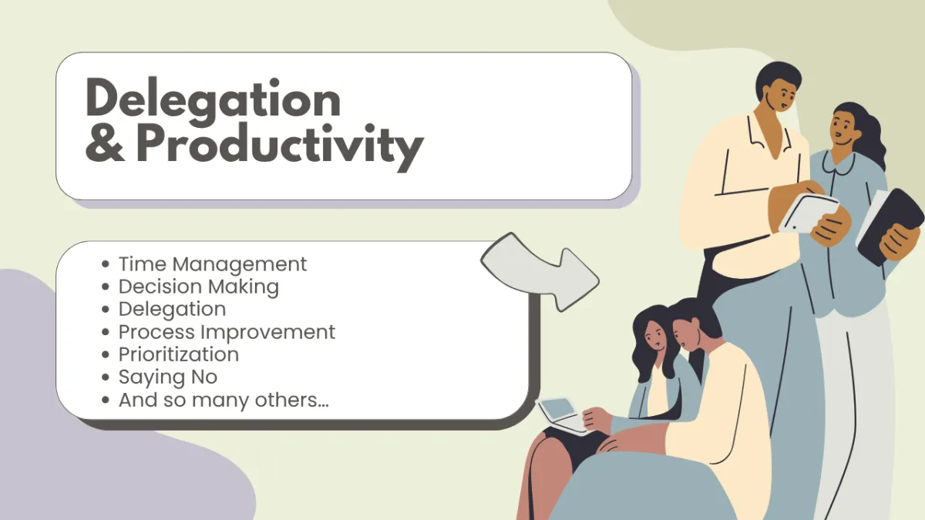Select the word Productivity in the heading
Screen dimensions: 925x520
pyautogui.click(x=280, y=146)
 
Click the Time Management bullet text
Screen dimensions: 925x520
pyautogui.click(x=213, y=264)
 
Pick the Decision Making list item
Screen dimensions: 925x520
pyautogui.click(x=199, y=287)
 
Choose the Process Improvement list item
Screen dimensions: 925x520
pyautogui.click(x=227, y=332)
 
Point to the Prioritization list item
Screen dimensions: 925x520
pyautogui.click(x=178, y=354)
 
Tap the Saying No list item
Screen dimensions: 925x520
pyautogui.click(x=168, y=377)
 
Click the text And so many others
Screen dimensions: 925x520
pyautogui.click(x=224, y=400)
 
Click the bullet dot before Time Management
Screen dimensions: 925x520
pyautogui.click(x=106, y=264)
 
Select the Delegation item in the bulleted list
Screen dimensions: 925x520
pyautogui.click(x=172, y=309)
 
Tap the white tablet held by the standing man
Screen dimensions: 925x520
pyautogui.click(x=809, y=213)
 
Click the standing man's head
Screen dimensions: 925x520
pyautogui.click(x=779, y=86)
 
